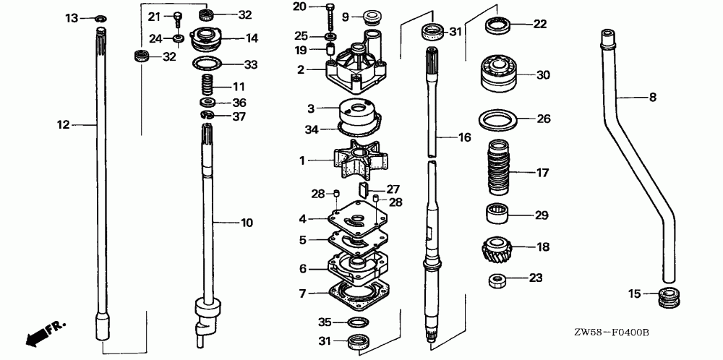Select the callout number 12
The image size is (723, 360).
[x=63, y=125]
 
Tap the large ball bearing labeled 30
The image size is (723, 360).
[x=497, y=74]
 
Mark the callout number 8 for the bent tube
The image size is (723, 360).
[x=653, y=96]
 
